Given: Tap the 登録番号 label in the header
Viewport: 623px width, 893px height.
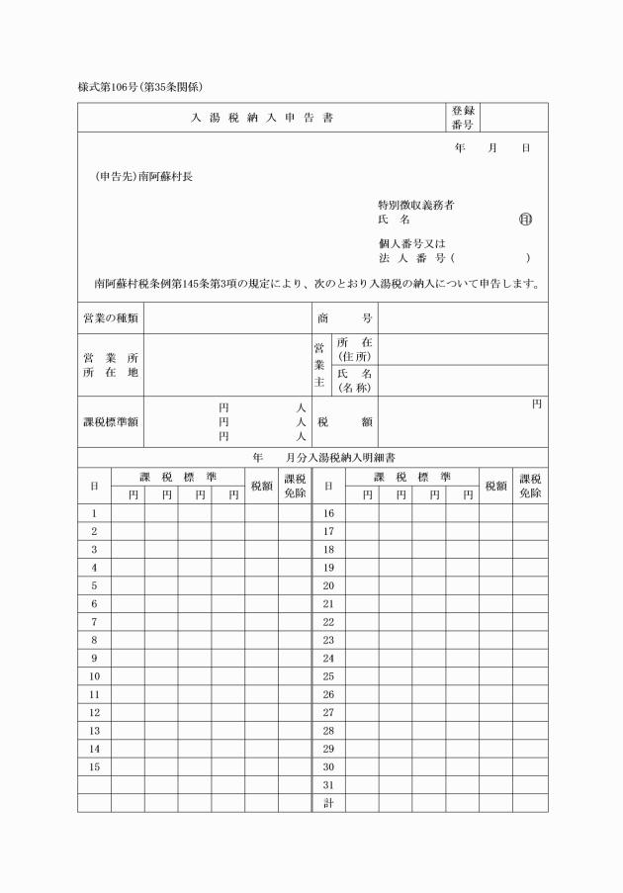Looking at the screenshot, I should pos(463,118).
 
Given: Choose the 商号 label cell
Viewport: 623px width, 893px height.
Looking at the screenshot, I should pos(344,318).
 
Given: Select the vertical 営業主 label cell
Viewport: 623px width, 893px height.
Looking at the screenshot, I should pos(318,364).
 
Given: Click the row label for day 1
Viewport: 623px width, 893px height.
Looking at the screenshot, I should pos(94,513).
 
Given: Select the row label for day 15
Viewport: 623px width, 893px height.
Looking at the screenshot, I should pos(94,766).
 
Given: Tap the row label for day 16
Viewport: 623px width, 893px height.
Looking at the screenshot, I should pos(328,513).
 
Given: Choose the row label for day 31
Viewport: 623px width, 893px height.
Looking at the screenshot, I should pos(328,784).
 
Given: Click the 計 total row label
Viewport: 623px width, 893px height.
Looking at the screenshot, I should pos(328,802).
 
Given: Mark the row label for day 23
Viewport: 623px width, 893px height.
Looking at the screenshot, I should pos(328,640).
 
